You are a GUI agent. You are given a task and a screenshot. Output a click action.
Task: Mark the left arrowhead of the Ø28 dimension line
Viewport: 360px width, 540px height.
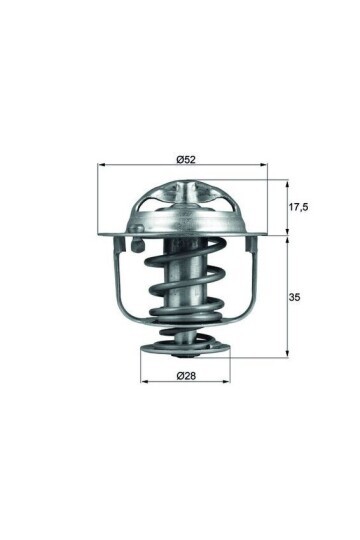(141, 385)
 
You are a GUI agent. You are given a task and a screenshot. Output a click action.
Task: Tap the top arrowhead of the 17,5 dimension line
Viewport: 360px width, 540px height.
(287, 184)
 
